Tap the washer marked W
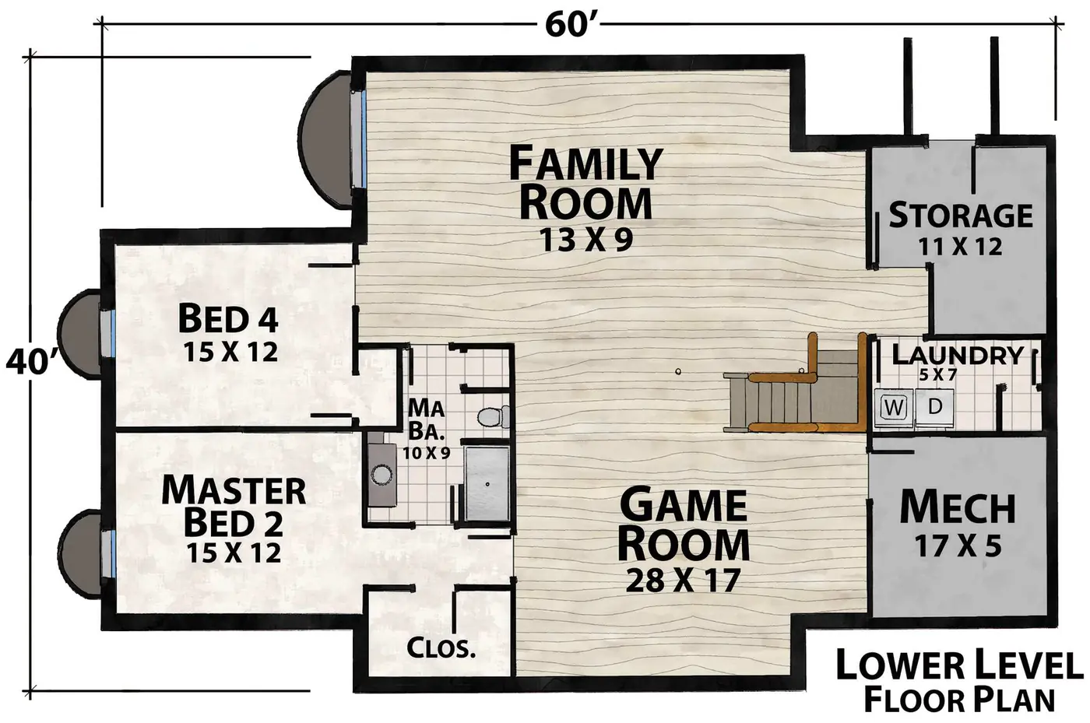894,408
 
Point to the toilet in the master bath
492,417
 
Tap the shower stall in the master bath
487,483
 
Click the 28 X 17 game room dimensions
683,581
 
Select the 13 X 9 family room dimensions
585,240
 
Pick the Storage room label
961,215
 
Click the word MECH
958,507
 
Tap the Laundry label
958,355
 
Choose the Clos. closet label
441,648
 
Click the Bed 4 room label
228,318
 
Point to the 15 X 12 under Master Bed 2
234,553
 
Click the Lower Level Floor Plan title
959,682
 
